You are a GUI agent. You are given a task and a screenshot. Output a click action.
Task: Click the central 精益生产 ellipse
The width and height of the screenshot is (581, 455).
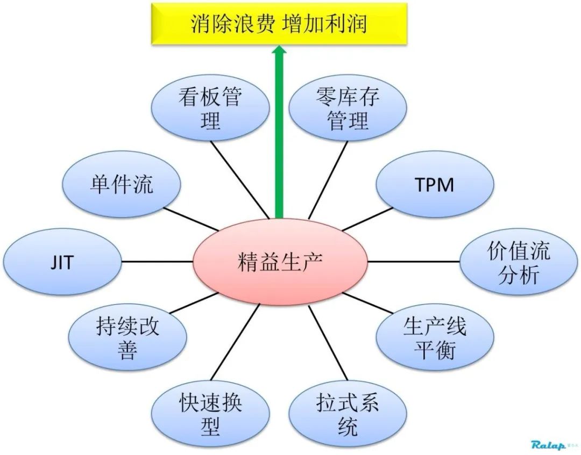(x=279, y=262)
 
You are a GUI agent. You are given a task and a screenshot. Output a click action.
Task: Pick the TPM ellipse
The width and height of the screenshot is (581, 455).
(x=434, y=185)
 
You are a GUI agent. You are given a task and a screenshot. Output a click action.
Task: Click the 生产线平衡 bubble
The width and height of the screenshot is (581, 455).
(x=435, y=339)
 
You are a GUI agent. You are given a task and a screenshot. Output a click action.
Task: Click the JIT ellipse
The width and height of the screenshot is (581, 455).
(x=63, y=263)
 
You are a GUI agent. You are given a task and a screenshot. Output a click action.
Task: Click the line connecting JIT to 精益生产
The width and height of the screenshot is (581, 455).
(x=157, y=262)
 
